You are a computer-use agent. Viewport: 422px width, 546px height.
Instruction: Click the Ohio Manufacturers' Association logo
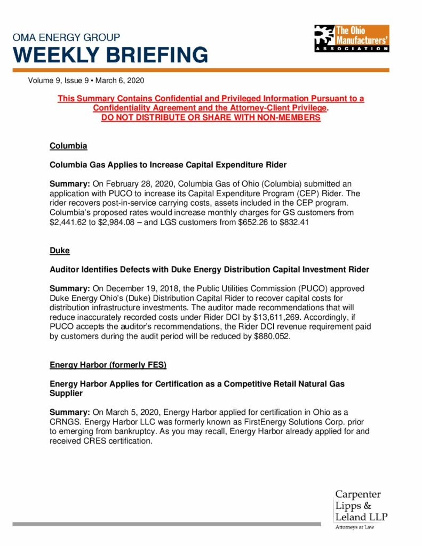(352, 38)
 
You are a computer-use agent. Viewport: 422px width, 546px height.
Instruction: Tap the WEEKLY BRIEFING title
(110, 55)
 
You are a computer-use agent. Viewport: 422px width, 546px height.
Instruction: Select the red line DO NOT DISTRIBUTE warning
(211, 117)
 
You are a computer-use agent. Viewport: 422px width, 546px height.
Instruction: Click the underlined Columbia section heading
(68, 146)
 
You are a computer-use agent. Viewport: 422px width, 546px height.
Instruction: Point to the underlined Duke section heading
(60, 250)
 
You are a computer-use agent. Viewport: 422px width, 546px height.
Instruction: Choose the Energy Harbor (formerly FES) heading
(108, 365)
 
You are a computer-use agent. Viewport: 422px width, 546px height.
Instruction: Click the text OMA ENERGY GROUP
(67, 38)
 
